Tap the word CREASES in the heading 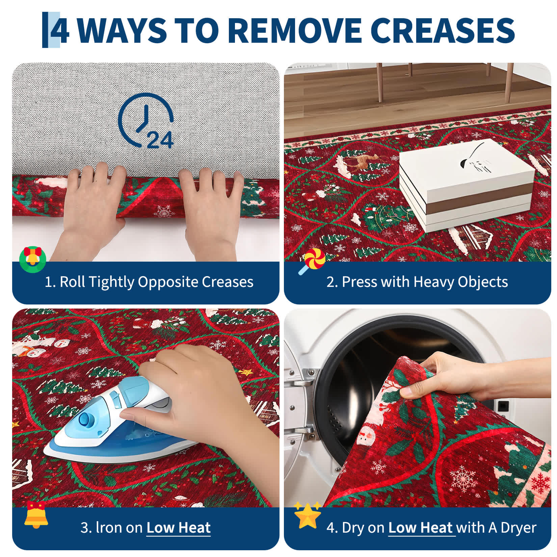point(444,30)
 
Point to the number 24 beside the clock point(160,140)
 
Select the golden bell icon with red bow point(36,515)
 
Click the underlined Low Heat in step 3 point(179,528)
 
